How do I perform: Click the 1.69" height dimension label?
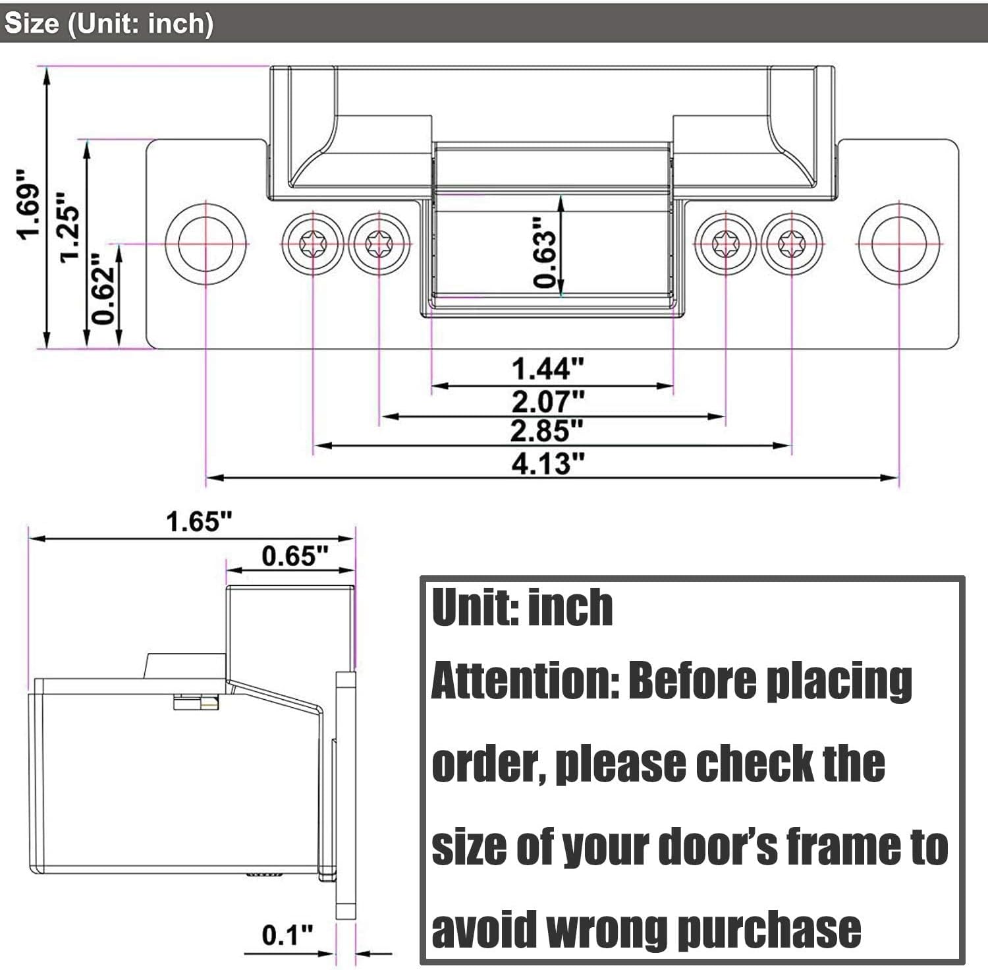30,204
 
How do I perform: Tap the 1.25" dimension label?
70,227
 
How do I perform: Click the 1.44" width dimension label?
548,369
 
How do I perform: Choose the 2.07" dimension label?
548,401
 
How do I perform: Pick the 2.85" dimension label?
547,431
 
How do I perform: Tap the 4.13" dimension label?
548,463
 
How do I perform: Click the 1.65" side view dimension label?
199,522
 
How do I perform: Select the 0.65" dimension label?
294,556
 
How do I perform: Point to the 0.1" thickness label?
287,934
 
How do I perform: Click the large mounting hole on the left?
206,243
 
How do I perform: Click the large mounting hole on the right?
899,243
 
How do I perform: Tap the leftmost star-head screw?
313,244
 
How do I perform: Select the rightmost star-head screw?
792,244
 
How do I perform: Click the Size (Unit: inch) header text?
109,24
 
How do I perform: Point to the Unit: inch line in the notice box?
522,608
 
